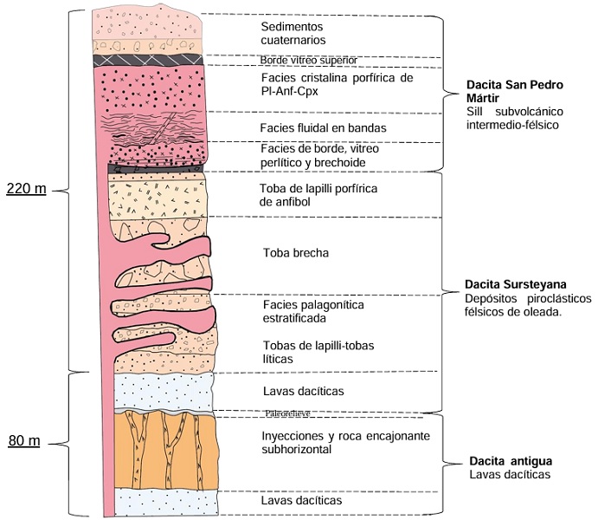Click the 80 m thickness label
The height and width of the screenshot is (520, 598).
pyautogui.click(x=25, y=441)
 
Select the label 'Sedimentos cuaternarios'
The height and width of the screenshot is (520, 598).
pyautogui.click(x=293, y=33)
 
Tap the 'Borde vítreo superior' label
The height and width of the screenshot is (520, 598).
pyautogui.click(x=307, y=60)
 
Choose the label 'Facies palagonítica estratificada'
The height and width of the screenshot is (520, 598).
pyautogui.click(x=312, y=312)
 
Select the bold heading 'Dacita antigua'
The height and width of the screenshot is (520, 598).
pyautogui.click(x=510, y=460)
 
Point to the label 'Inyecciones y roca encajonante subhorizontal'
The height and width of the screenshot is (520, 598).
pyautogui.click(x=344, y=442)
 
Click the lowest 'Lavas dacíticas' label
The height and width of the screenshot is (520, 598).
pyautogui.click(x=301, y=501)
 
